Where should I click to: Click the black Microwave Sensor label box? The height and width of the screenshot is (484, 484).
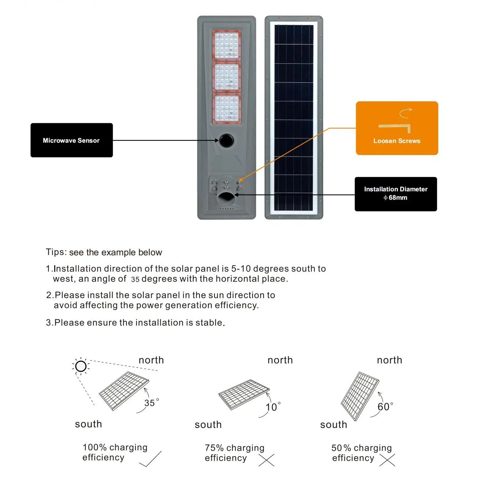point(71,140)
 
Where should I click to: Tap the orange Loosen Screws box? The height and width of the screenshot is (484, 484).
point(396,128)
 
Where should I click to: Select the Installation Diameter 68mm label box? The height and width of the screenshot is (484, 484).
point(395,194)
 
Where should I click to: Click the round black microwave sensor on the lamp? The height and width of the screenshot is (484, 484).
point(226,140)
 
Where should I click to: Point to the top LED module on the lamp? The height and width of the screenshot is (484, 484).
point(227,45)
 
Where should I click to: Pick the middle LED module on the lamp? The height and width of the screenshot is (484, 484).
point(227,77)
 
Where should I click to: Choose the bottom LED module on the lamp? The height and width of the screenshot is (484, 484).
point(227,108)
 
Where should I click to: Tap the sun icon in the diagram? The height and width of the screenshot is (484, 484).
point(81,366)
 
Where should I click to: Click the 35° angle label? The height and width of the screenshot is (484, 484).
point(151,403)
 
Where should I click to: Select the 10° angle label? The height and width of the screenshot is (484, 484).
point(273,407)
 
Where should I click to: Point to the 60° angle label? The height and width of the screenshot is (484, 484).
point(385,406)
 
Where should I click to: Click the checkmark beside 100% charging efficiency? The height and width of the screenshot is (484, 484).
point(150,459)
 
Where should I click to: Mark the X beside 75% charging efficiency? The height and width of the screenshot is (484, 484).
point(266,460)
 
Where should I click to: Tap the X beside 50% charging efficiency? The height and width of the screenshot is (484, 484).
point(387,460)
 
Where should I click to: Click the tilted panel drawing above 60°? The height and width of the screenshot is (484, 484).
point(360,396)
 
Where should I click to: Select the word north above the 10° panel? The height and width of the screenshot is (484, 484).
point(280,360)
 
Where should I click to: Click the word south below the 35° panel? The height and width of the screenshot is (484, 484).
point(88,424)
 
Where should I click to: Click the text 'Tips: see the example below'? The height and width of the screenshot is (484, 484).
point(104,252)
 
